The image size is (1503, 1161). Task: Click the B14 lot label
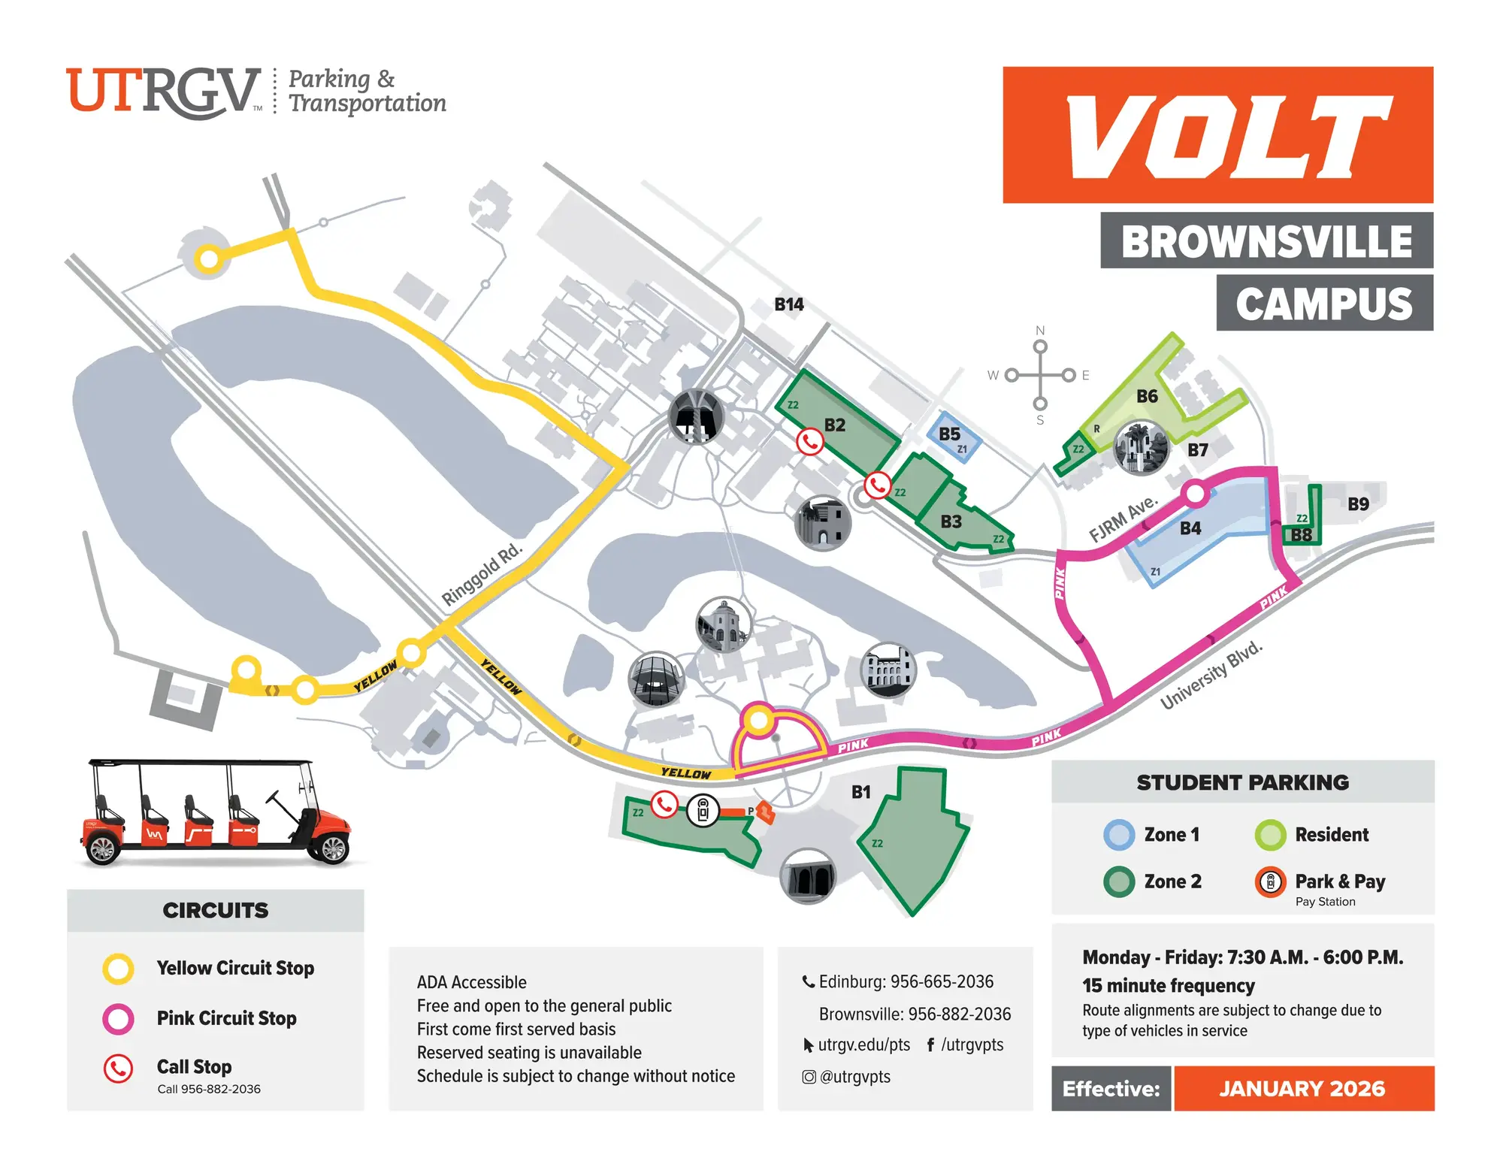(788, 304)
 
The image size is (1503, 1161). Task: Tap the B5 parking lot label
(949, 434)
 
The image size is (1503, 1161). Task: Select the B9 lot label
(1358, 503)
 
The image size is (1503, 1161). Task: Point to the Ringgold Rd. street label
(481, 574)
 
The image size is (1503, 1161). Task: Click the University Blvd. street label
(1211, 675)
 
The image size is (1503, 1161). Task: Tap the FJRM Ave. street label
(1123, 519)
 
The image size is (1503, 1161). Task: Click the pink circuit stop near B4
(1194, 494)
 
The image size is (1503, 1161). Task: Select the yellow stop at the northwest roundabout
(208, 259)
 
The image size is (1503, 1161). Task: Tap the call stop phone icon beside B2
(809, 441)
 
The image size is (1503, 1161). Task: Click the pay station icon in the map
(703, 811)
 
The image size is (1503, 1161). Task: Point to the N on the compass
(1040, 331)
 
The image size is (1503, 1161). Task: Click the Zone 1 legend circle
(1119, 835)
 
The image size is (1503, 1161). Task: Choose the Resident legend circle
(1270, 835)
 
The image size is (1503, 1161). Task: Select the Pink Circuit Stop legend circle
(118, 1018)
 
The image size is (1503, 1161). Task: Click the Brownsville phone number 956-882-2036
(959, 1014)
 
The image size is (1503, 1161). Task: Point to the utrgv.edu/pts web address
(863, 1045)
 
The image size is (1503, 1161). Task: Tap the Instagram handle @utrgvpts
(854, 1076)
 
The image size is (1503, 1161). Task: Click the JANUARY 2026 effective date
(1302, 1088)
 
